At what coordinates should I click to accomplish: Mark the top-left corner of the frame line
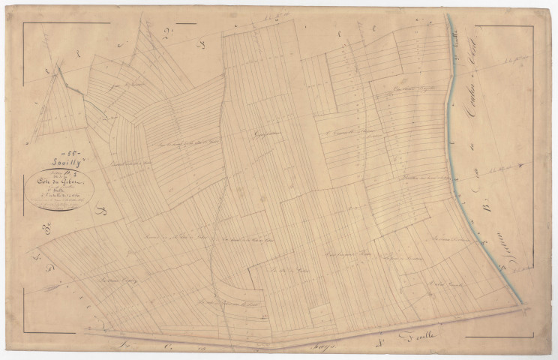(23, 23)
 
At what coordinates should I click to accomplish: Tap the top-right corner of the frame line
(533, 25)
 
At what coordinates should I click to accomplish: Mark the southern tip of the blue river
(520, 304)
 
